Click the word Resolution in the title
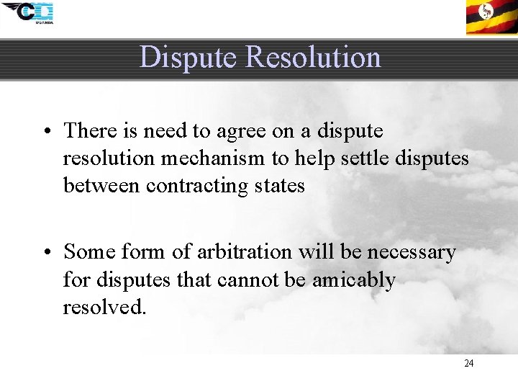coord(314,57)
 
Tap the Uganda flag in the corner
coord(491,17)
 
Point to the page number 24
coord(468,363)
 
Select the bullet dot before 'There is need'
coord(45,131)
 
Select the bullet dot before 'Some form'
coord(45,252)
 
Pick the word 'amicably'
coord(353,280)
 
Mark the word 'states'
coord(284,185)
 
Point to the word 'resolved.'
coord(105,307)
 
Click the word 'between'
coord(101,185)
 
